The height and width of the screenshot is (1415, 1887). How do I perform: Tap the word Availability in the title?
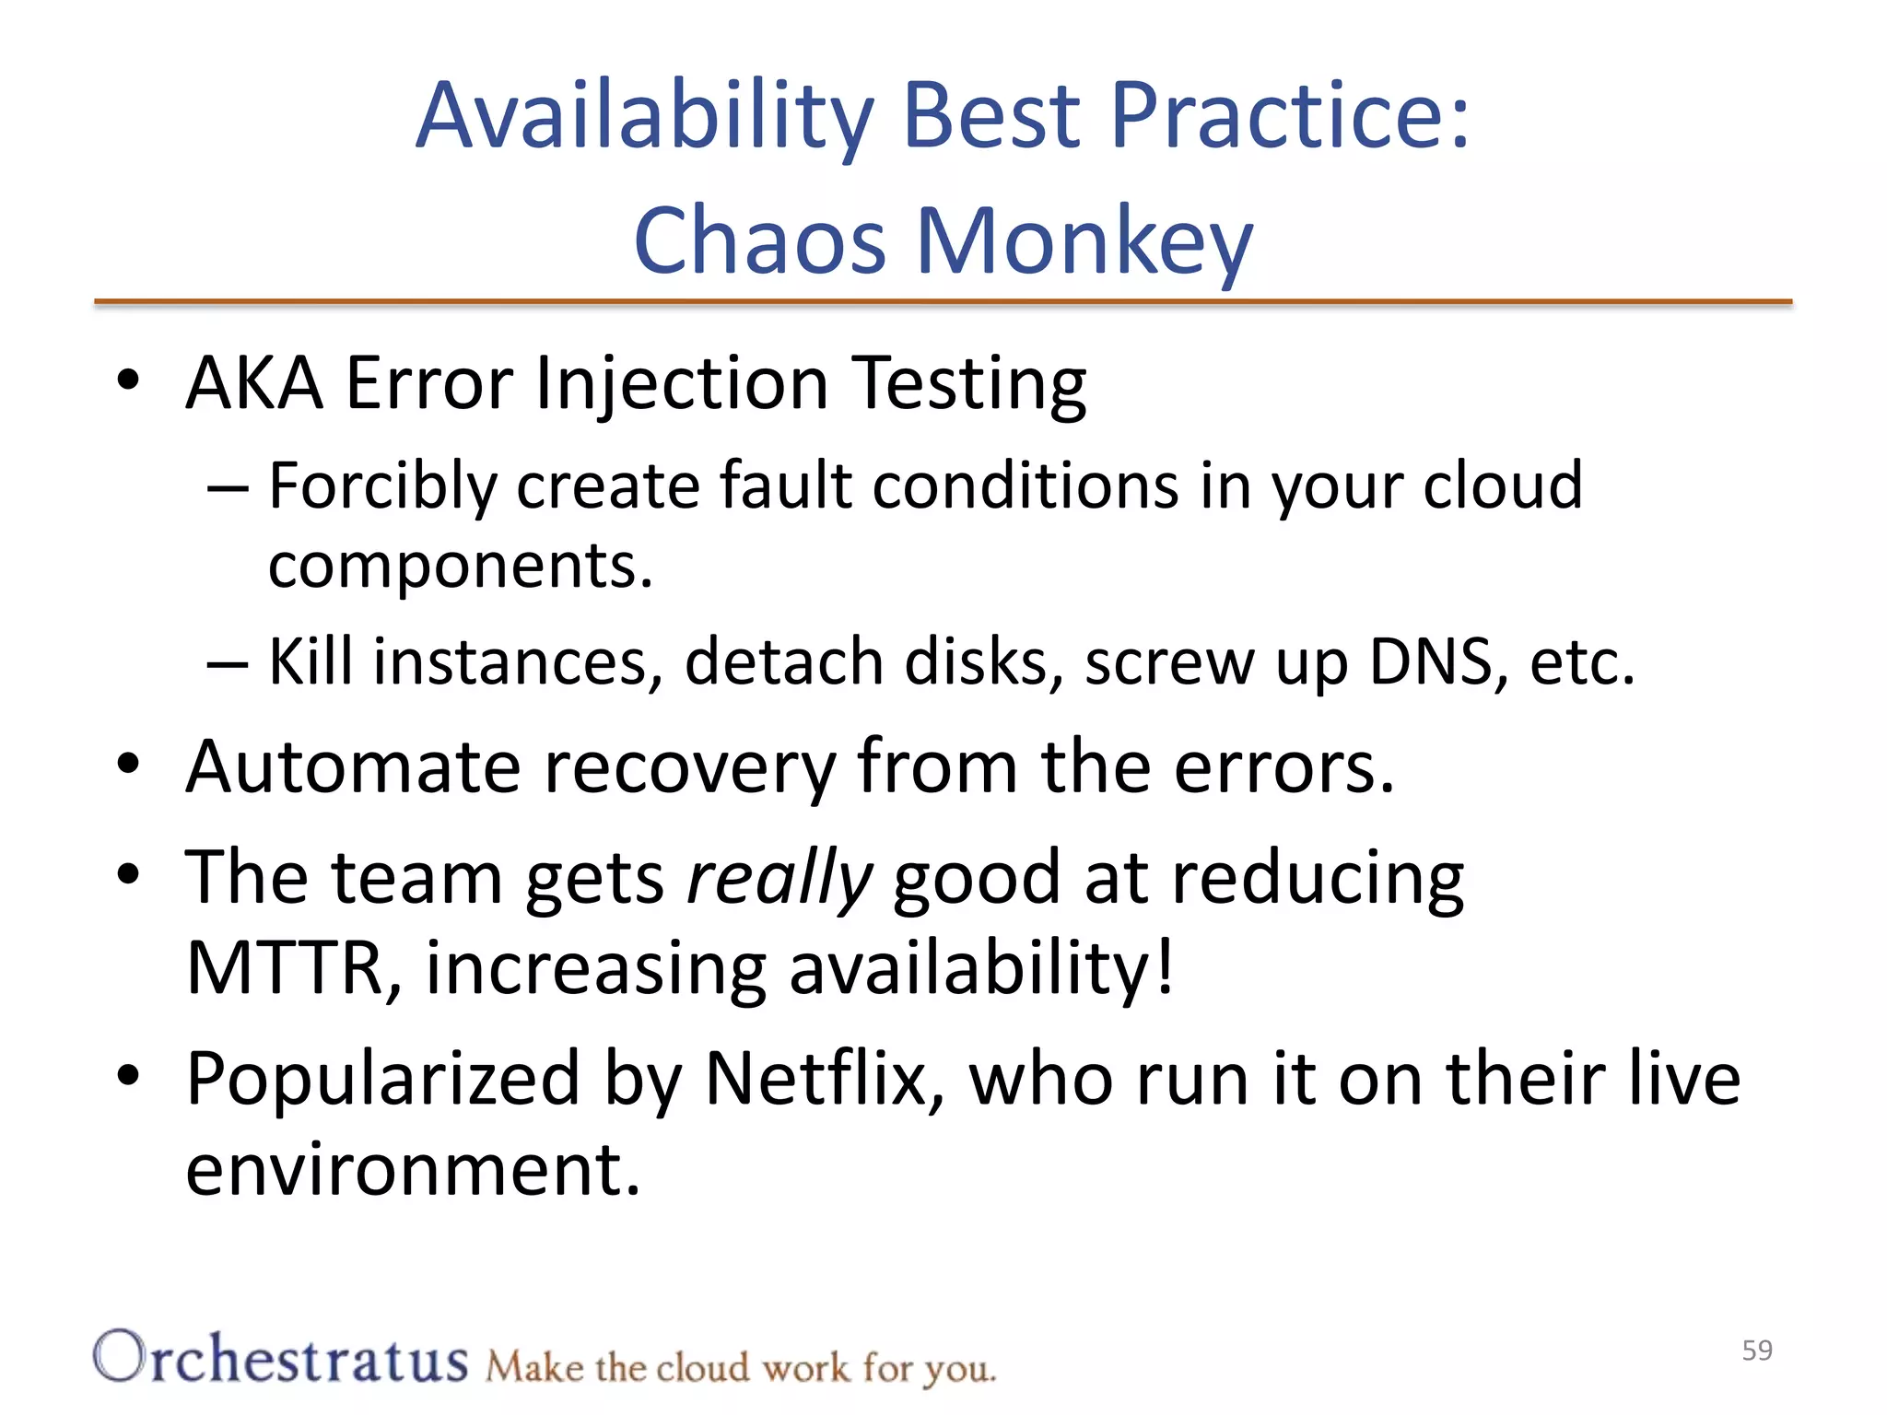(x=644, y=116)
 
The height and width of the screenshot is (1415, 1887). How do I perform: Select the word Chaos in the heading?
(x=759, y=241)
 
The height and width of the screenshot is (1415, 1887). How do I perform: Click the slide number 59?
(x=1757, y=1351)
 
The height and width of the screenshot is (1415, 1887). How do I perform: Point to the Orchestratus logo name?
(x=281, y=1359)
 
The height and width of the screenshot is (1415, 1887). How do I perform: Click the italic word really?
(x=779, y=878)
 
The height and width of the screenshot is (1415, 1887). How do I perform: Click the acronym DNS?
(x=1431, y=661)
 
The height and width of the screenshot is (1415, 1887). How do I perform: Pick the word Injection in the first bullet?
(x=681, y=383)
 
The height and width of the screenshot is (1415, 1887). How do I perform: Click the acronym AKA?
(x=254, y=383)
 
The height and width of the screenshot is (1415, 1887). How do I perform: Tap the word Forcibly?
(x=382, y=485)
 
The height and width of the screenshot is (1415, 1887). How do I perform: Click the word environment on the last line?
(x=412, y=1170)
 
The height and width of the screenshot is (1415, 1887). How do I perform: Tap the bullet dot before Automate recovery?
(x=128, y=764)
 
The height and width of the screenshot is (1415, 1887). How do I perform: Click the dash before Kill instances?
(x=227, y=663)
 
